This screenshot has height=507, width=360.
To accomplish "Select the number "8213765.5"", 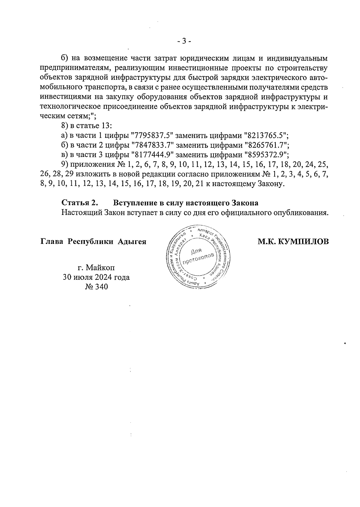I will click(266, 135).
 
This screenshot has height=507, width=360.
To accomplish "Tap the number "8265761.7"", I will click(267, 145).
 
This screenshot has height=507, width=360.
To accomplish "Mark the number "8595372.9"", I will click(266, 155).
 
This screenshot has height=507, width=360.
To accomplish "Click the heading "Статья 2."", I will click(80, 203).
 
